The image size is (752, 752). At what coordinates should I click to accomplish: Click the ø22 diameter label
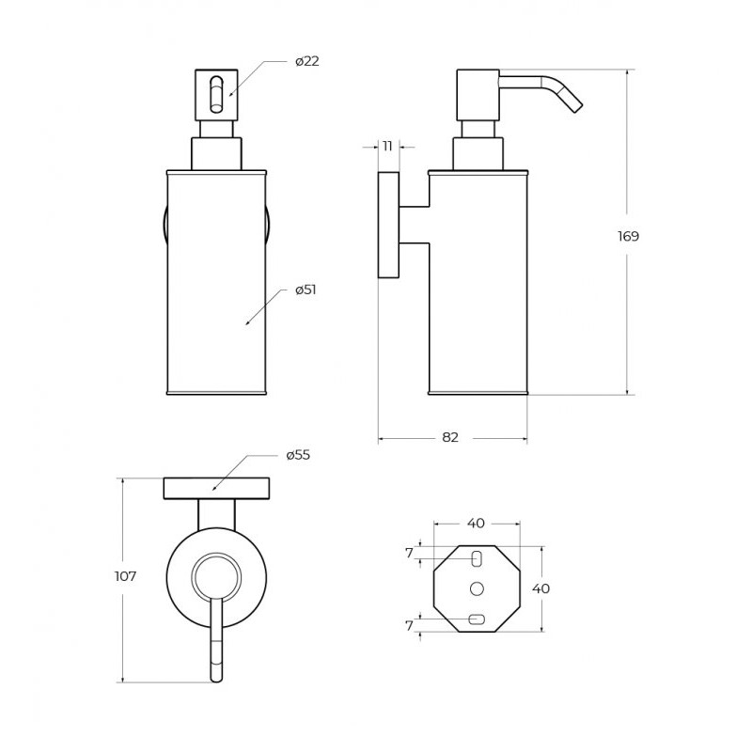pyautogui.click(x=307, y=61)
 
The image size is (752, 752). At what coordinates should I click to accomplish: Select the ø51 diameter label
pyautogui.click(x=306, y=290)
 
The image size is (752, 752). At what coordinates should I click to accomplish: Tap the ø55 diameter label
pyautogui.click(x=298, y=455)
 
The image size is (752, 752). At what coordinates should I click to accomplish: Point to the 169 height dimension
pyautogui.click(x=628, y=236)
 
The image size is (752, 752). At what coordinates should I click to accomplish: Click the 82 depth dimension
pyautogui.click(x=450, y=437)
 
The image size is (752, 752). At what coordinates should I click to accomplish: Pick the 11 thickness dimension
pyautogui.click(x=387, y=146)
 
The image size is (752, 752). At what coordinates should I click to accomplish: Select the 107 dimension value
pyautogui.click(x=126, y=576)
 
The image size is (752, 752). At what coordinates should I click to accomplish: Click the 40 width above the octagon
pyautogui.click(x=476, y=524)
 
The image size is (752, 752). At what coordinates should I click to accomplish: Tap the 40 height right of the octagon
pyautogui.click(x=541, y=588)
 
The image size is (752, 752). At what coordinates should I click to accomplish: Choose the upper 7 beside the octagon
pyautogui.click(x=409, y=553)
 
